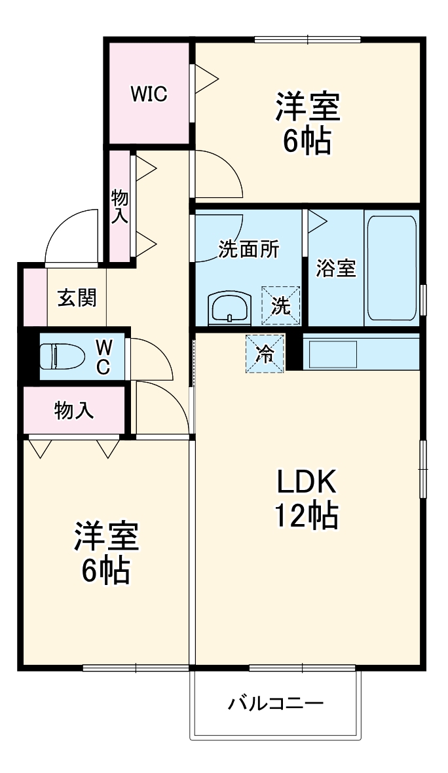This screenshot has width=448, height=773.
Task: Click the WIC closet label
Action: (149, 94)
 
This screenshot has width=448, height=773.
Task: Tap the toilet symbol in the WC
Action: (62, 357)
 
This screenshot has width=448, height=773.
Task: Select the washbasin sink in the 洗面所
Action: (229, 308)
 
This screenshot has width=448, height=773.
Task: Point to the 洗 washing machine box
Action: (281, 305)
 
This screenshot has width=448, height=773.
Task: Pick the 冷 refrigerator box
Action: (265, 354)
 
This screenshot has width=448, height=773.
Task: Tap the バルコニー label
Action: (276, 704)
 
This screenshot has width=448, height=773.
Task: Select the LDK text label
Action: (306, 483)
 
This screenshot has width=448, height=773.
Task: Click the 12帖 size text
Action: (306, 516)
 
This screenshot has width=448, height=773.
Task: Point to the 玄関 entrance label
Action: (77, 297)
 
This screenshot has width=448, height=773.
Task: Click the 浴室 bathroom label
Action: (336, 269)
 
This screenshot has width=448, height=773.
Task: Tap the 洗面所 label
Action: (249, 250)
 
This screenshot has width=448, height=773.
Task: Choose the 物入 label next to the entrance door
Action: (120, 206)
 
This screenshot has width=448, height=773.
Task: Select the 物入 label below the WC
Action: (73, 411)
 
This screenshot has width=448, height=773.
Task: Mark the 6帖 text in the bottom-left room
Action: (105, 571)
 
